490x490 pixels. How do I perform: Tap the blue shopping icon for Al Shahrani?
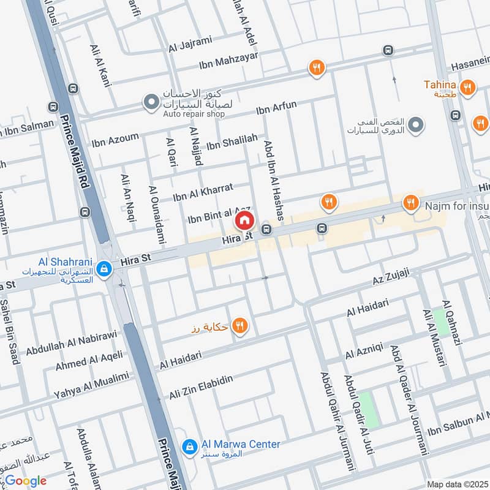pos(105,268)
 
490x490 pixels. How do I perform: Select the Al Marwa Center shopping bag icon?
pos(190,445)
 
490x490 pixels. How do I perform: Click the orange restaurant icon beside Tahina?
pos(467,87)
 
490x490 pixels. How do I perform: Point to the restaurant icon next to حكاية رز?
pos(240,326)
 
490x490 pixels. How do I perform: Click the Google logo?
pos(26,481)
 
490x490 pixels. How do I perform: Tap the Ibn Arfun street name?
pos(276,108)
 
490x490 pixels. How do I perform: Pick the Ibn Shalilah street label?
pos(232,142)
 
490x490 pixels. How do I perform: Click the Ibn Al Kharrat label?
pos(203,192)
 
